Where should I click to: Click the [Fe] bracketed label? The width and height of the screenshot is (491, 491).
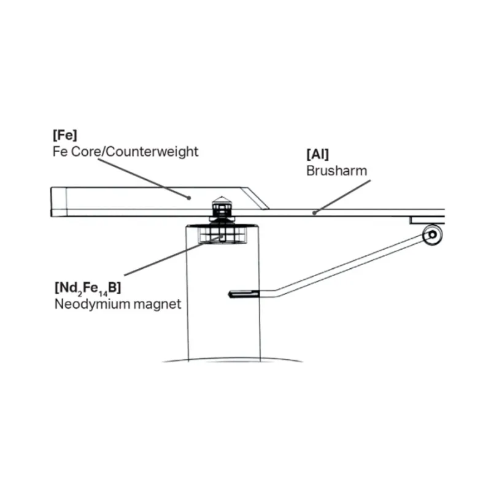(65, 135)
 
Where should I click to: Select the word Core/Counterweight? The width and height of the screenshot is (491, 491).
(135, 152)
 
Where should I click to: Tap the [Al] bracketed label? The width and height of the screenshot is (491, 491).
(317, 155)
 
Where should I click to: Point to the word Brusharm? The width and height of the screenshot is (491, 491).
(336, 171)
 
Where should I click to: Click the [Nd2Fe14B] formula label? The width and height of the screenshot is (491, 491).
(88, 288)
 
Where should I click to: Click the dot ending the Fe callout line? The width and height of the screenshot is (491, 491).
(189, 198)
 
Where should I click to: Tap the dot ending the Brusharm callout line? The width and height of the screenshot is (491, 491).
(314, 213)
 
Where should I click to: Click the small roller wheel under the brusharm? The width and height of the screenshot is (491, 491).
(433, 234)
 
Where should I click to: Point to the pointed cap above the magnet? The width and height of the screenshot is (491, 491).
(222, 201)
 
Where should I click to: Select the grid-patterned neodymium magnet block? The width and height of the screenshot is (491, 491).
(222, 234)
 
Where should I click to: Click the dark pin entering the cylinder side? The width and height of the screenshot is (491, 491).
(244, 294)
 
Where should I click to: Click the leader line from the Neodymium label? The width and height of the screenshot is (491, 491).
(173, 256)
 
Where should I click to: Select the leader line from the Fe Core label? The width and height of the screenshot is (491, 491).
(143, 178)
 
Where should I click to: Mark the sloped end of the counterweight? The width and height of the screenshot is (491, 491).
(255, 198)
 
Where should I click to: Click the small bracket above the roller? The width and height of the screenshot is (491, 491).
(427, 220)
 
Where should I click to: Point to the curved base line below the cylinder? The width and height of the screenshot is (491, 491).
(233, 359)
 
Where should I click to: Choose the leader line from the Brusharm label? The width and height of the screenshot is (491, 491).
(342, 196)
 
